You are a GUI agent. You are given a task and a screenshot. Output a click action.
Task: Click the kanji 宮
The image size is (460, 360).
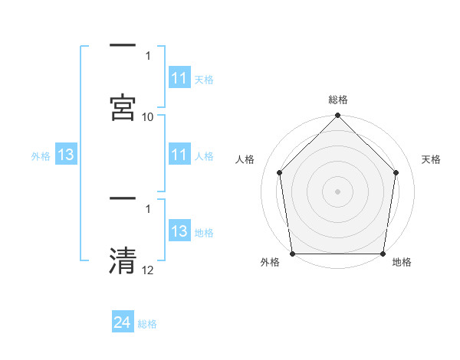pos(123,106)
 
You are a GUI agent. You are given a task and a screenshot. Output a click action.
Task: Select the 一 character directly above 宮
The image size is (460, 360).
pos(123,47)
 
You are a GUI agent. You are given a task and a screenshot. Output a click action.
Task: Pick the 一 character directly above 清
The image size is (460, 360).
pos(123,199)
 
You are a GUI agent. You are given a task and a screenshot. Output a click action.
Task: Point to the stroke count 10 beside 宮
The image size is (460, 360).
pos(148,116)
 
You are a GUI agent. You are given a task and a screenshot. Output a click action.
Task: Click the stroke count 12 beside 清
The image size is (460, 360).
pos(148,270)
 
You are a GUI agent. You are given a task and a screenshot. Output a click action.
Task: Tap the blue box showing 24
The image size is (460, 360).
pos(123,322)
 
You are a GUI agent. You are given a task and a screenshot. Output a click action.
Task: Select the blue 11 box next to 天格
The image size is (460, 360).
pos(179,78)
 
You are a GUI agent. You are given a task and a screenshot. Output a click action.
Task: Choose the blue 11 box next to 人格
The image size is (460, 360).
pos(179,155)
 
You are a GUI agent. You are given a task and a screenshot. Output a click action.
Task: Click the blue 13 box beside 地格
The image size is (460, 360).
pos(179,231)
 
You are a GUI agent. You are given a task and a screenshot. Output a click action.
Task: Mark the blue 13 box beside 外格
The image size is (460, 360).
pos(66,155)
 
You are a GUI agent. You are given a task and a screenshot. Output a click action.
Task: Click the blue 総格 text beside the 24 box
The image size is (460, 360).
pos(147,324)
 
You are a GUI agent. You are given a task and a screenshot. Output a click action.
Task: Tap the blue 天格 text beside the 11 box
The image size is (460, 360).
pos(204,79)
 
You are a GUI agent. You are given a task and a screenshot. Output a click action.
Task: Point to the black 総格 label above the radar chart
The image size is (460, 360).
pos(338,100)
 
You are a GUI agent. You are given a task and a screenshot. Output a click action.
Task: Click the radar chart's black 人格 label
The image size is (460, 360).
pos(245,159)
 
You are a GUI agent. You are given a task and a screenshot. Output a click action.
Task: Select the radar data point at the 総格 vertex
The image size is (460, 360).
pos(337,116)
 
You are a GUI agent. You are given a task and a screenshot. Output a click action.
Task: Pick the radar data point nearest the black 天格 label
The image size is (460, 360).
pos(396,172)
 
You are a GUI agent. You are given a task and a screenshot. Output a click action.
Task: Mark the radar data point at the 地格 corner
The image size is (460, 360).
pos(383,254)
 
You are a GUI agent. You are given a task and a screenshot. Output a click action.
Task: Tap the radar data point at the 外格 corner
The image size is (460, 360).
pos(292,254)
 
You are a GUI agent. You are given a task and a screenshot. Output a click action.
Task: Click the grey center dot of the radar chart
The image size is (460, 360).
pos(337,191)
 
